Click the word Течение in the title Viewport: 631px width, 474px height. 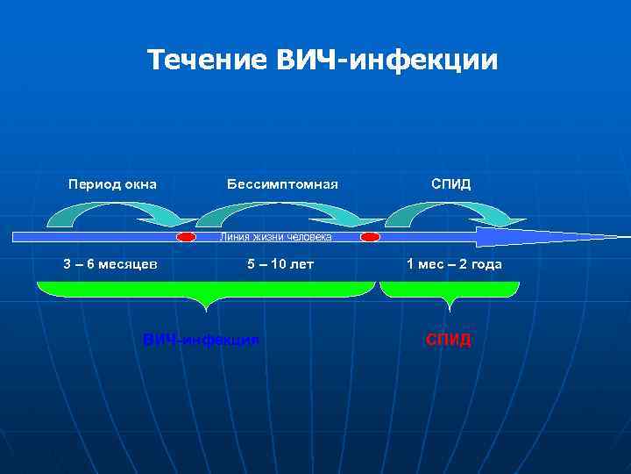(208, 60)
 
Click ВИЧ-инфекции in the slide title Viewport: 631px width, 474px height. (386, 60)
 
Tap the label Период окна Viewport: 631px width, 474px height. (113, 184)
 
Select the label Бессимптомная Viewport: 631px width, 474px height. (282, 184)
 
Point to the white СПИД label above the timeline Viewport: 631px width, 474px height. (450, 184)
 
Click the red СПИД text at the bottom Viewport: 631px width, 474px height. (449, 339)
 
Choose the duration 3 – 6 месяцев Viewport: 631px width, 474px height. (110, 264)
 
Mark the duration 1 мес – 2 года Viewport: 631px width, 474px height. (454, 264)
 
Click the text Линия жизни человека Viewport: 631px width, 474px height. (275, 237)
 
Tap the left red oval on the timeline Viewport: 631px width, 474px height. (186, 237)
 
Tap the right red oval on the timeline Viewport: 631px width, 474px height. (371, 237)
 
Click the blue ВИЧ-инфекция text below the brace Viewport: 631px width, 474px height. (201, 339)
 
